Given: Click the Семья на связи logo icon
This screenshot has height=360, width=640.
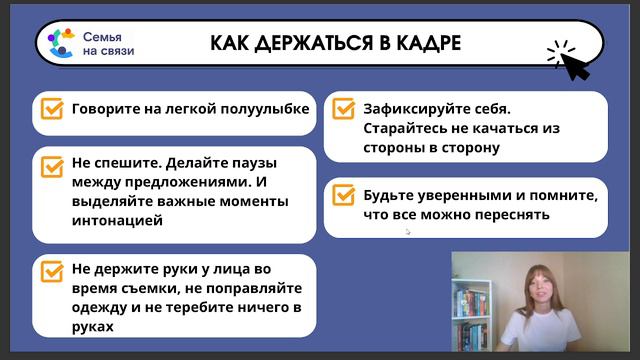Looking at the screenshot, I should (61, 43).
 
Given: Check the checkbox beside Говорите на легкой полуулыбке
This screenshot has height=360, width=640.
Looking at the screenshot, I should (49, 109).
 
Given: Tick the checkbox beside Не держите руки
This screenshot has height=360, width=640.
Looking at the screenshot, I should (49, 273).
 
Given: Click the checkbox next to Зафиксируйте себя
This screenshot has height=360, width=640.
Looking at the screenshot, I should (343, 108).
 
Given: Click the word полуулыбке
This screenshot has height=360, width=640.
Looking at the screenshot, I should (262, 108).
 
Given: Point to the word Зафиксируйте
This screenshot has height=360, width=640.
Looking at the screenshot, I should (407, 108).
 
